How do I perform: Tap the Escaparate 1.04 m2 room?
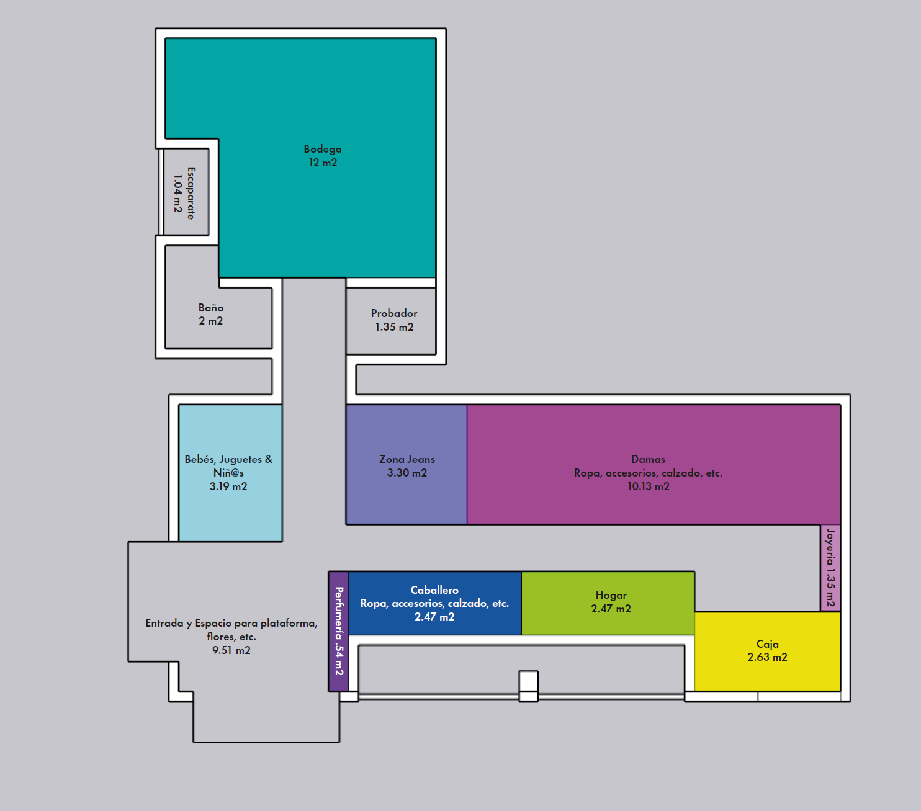coord(186,192)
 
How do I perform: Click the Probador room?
coord(391,321)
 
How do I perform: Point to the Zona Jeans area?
coord(407,465)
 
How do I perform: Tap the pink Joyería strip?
coord(830,568)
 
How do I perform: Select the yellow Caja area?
coord(767,652)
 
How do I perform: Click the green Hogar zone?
coord(608,603)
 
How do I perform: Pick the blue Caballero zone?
coord(435,603)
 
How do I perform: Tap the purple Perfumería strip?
coord(339,632)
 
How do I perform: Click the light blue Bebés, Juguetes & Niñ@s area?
coord(230,473)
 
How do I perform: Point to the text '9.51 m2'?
coord(231,650)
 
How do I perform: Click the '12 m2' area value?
coord(323,163)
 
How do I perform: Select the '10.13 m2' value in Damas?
coord(649,486)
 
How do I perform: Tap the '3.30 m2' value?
coord(407,473)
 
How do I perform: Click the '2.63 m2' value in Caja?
coord(767,657)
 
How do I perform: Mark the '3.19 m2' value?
coord(228,486)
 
